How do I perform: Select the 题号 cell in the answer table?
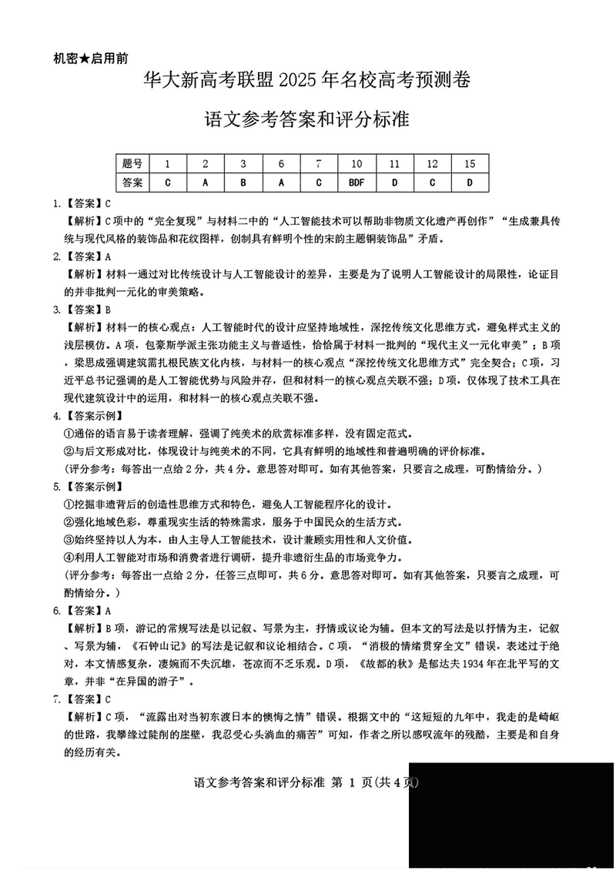[132, 163]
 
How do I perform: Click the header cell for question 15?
[470, 163]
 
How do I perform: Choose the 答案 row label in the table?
[132, 183]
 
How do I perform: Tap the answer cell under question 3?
[243, 183]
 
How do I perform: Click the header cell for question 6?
[281, 163]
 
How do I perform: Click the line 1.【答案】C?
[82, 204]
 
